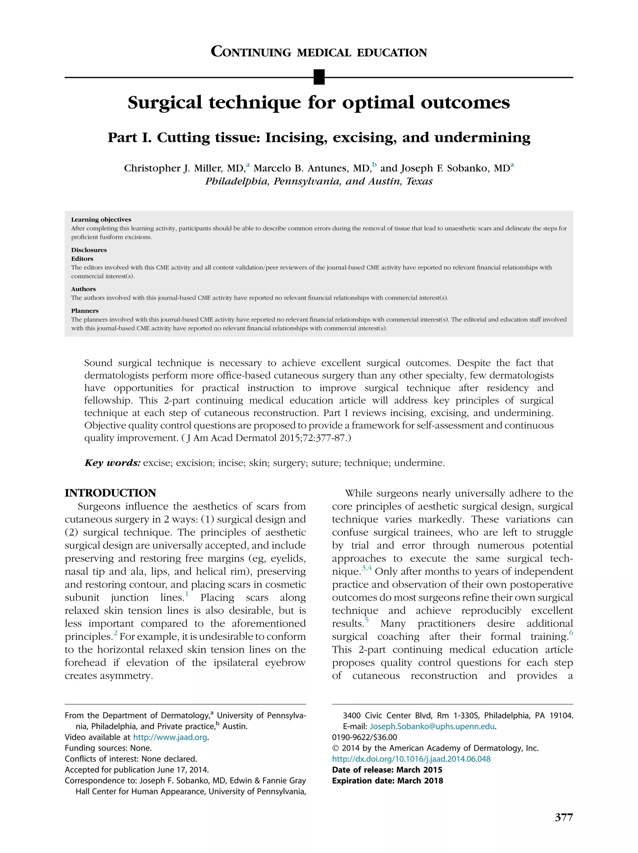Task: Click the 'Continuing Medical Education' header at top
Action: point(319,52)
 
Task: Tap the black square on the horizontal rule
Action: point(319,77)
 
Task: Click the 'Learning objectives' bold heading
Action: point(101,219)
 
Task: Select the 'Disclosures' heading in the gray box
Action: point(89,250)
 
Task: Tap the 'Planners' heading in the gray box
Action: point(84,311)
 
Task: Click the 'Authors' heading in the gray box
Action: point(83,289)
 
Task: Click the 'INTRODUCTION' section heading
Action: point(110,493)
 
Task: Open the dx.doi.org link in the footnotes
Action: point(411,759)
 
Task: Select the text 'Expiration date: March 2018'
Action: point(388,780)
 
